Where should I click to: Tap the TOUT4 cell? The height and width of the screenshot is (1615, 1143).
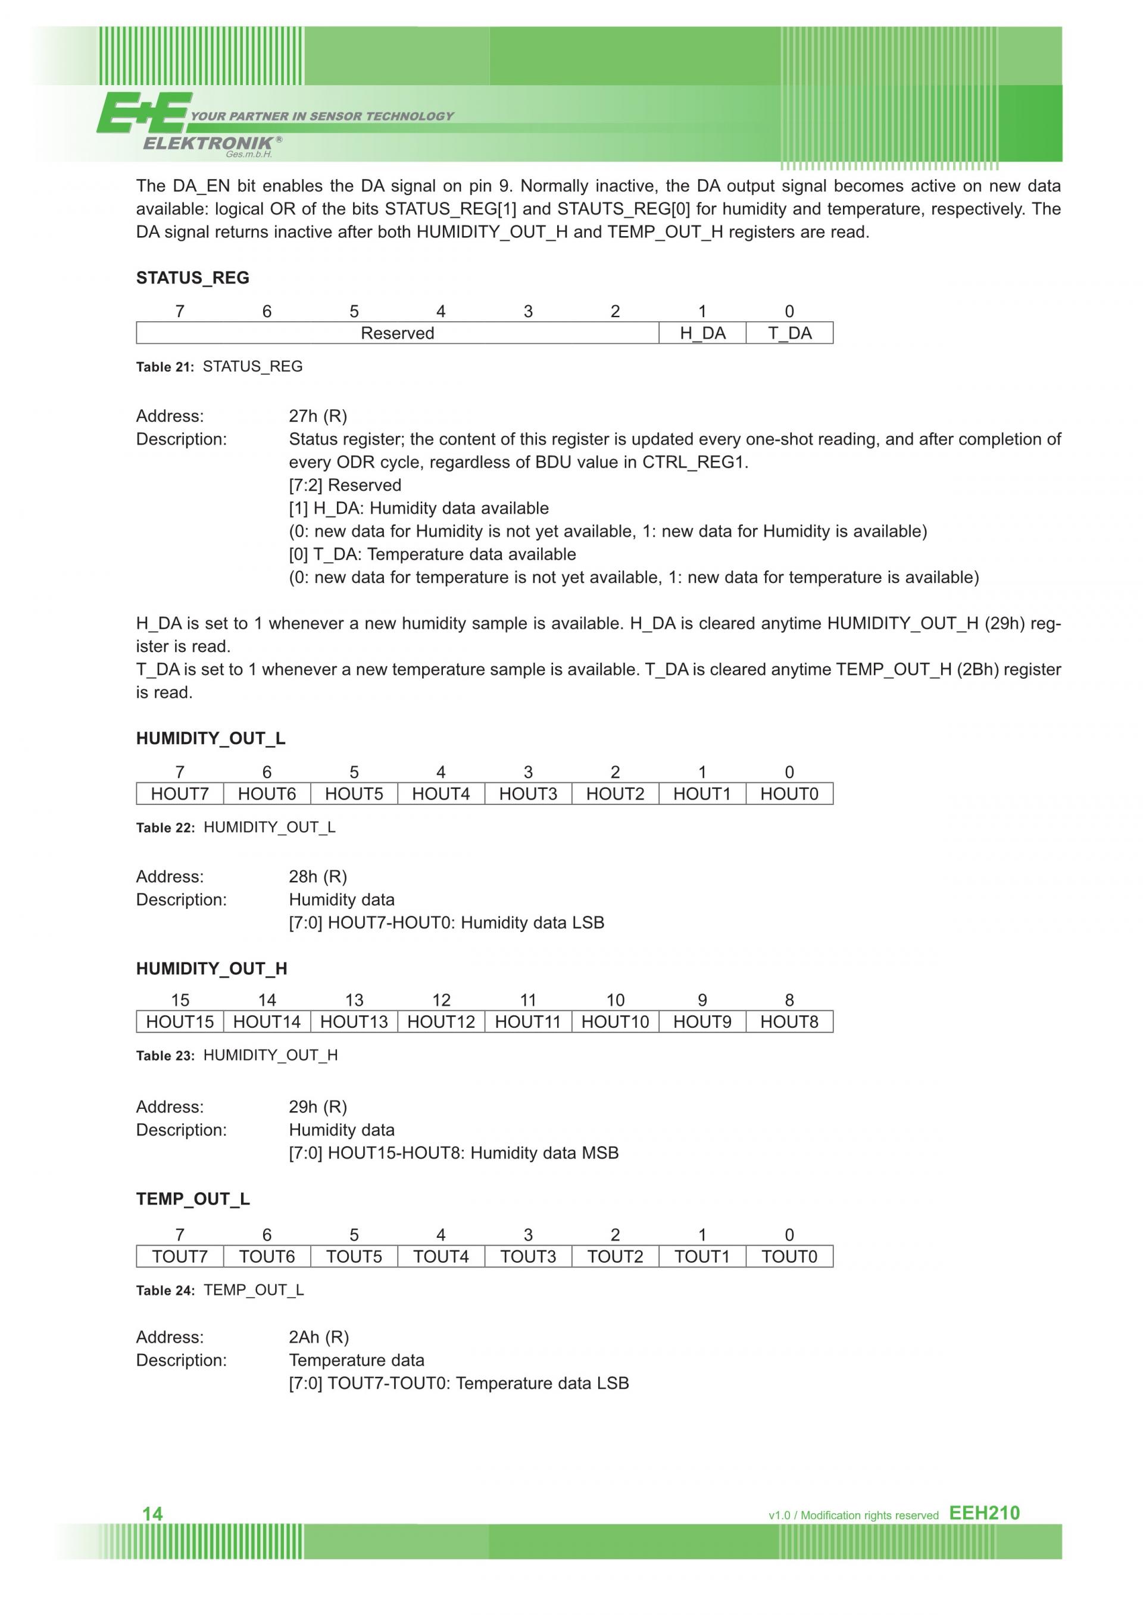pyautogui.click(x=441, y=1256)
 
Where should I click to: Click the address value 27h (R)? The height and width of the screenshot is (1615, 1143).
pyautogui.click(x=317, y=416)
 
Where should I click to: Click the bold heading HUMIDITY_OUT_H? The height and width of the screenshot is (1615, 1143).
pyautogui.click(x=211, y=968)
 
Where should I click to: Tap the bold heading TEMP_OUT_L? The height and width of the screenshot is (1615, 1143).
pyautogui.click(x=193, y=1199)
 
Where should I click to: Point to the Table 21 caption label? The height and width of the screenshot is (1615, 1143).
pyautogui.click(x=165, y=366)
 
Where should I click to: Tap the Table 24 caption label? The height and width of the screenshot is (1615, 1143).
pyautogui.click(x=165, y=1290)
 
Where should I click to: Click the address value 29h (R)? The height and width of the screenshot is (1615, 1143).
pyautogui.click(x=317, y=1106)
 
